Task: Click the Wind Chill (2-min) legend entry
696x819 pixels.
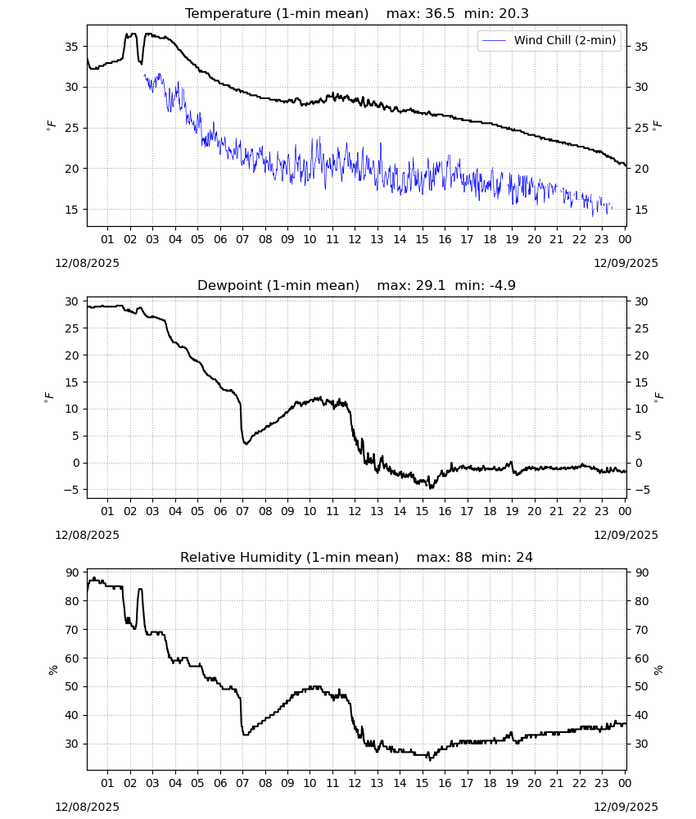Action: point(549,40)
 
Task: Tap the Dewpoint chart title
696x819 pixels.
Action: point(278,285)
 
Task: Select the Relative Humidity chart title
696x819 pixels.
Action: point(289,557)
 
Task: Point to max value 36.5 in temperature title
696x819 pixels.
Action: point(440,14)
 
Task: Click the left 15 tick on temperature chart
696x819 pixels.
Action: point(71,210)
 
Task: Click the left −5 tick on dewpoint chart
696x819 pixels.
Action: point(70,490)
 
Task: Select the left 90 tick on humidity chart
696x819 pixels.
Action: point(71,572)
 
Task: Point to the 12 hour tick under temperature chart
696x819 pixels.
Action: point(355,239)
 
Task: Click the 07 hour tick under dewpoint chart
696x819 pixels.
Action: point(242,511)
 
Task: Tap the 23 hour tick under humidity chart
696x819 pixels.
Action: point(602,783)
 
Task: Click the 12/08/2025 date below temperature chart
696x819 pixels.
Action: point(87,263)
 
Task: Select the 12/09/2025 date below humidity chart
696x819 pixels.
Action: point(626,807)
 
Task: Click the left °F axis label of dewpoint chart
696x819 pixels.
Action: point(49,398)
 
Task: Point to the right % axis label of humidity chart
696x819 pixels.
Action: point(658,670)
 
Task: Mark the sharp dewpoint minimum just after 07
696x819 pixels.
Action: point(246,443)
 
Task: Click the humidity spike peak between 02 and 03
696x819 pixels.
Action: point(140,589)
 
